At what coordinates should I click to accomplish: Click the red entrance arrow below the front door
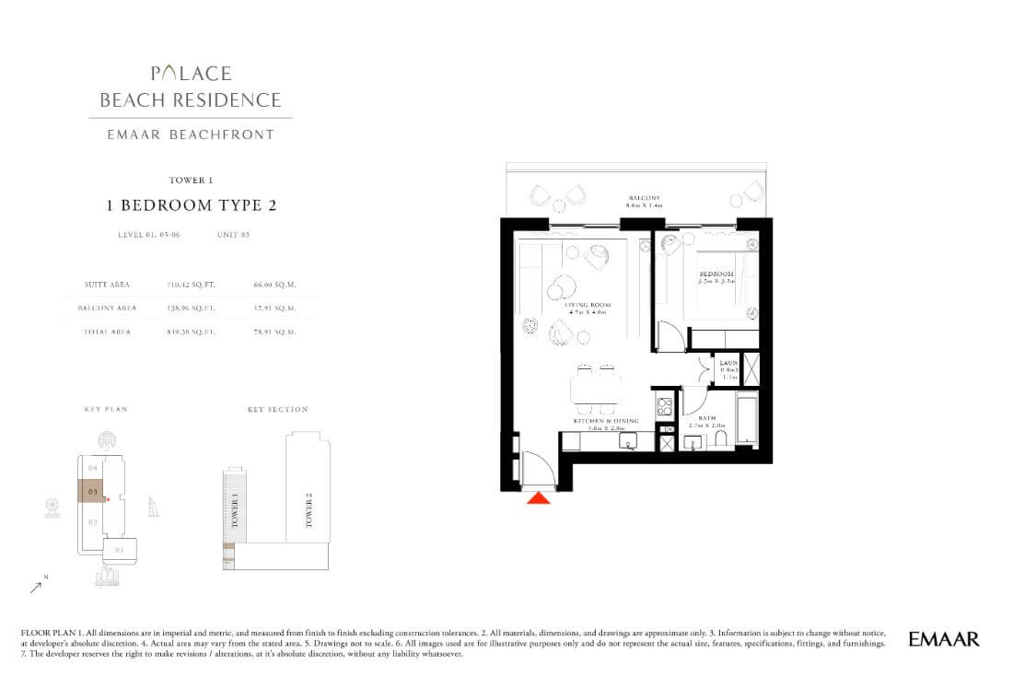(539, 498)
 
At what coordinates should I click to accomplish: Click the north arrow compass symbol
(38, 584)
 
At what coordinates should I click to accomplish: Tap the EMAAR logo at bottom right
(943, 638)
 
